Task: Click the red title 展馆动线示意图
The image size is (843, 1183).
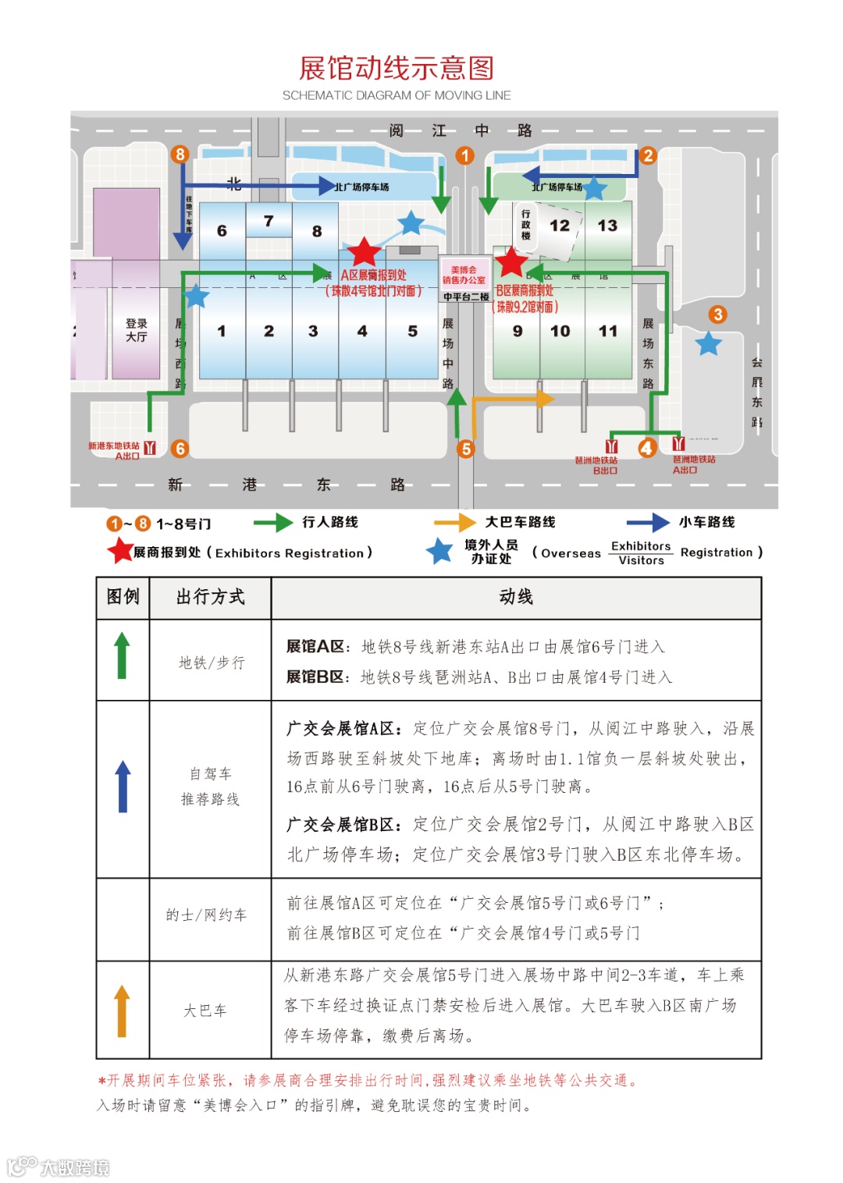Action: pyautogui.click(x=397, y=69)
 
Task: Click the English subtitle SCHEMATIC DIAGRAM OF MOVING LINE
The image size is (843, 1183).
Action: pyautogui.click(x=397, y=95)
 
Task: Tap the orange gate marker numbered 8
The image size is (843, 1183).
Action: pyautogui.click(x=180, y=154)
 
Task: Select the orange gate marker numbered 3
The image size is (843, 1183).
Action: pyautogui.click(x=717, y=314)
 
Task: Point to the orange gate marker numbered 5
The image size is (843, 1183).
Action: pyautogui.click(x=466, y=449)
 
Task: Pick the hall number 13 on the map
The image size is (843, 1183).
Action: pyautogui.click(x=607, y=226)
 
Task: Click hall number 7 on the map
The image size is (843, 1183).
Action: pyautogui.click(x=269, y=221)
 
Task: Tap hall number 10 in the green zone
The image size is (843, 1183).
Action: pyautogui.click(x=560, y=331)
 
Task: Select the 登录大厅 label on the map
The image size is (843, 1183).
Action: pyautogui.click(x=137, y=330)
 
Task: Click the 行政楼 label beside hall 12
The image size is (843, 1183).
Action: pyautogui.click(x=526, y=225)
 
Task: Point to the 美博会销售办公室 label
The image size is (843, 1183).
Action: pyautogui.click(x=464, y=275)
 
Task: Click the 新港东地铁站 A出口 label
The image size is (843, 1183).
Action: pyautogui.click(x=115, y=450)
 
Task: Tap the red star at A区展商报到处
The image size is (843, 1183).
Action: pyautogui.click(x=364, y=252)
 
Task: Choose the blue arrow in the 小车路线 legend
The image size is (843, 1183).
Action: pyautogui.click(x=647, y=522)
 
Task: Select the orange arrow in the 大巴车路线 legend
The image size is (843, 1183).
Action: pyautogui.click(x=454, y=522)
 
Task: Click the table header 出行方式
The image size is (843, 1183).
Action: pyautogui.click(x=210, y=597)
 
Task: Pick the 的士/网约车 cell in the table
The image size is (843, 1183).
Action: pyautogui.click(x=206, y=915)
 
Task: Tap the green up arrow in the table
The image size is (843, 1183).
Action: pyautogui.click(x=122, y=655)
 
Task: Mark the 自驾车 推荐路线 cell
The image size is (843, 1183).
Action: pyautogui.click(x=210, y=787)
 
